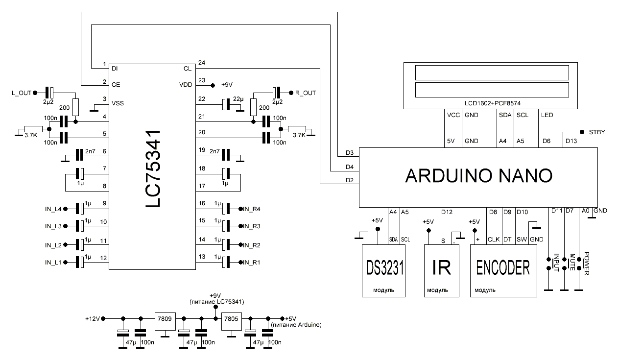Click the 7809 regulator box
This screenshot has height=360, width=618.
click(165, 319)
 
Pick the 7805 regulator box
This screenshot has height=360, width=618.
click(231, 319)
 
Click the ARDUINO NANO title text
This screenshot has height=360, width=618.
click(478, 176)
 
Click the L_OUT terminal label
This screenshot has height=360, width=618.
click(21, 92)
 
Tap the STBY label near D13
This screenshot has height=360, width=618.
click(596, 132)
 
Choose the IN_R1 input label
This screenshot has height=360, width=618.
click(253, 263)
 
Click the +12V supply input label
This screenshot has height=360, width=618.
click(92, 319)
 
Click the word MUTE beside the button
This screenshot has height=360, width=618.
click(571, 262)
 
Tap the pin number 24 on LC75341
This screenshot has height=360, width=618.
click(201, 62)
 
